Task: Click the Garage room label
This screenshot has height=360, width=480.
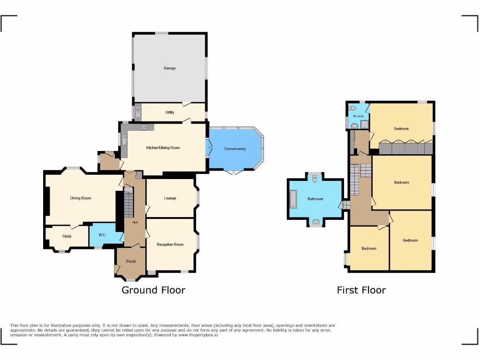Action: click(170, 68)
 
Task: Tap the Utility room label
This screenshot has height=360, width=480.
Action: click(170, 112)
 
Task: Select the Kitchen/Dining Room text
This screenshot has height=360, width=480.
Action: click(163, 148)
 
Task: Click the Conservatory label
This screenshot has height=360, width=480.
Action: click(235, 149)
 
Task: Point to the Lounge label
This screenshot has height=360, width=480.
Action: click(170, 198)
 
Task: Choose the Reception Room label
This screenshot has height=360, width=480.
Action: click(170, 245)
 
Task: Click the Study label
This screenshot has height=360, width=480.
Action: click(67, 236)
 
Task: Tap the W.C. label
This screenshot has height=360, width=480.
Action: click(103, 235)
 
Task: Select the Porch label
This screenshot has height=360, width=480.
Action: click(131, 262)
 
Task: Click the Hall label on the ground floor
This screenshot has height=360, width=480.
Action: click(135, 222)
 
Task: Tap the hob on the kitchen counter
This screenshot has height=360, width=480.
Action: click(144, 127)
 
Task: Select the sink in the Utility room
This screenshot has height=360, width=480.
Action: click(138, 112)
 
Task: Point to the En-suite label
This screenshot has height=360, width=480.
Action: click(358, 116)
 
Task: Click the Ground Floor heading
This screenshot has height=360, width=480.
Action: click(153, 290)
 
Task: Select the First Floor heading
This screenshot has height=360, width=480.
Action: click(361, 290)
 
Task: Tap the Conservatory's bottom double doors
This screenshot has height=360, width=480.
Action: click(233, 172)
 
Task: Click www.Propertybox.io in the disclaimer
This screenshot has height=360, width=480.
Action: click(197, 335)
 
